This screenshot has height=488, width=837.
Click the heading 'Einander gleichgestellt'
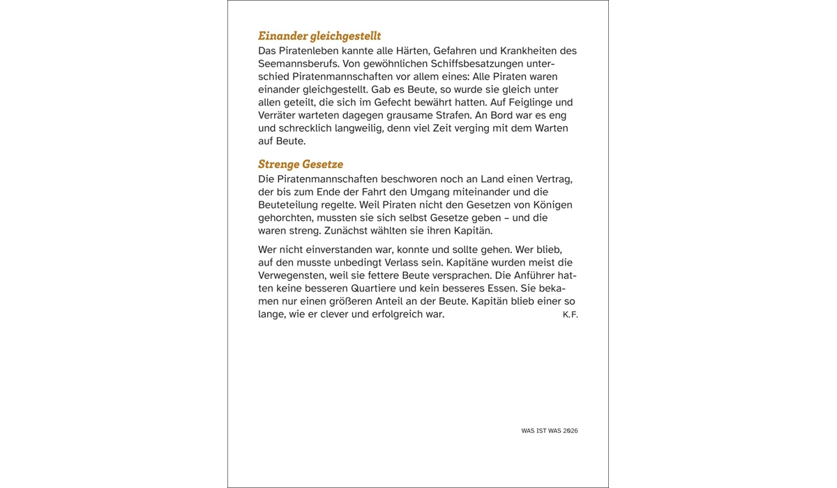pos(319,36)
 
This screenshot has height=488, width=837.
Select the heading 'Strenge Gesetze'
pos(301,165)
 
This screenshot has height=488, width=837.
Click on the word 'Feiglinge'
pos(521,102)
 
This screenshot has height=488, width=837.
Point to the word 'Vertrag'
pos(552,179)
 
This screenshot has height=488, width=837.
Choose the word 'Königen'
pos(552,205)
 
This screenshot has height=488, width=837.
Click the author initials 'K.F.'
pos(570,314)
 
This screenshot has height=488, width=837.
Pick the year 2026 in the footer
pos(571,431)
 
